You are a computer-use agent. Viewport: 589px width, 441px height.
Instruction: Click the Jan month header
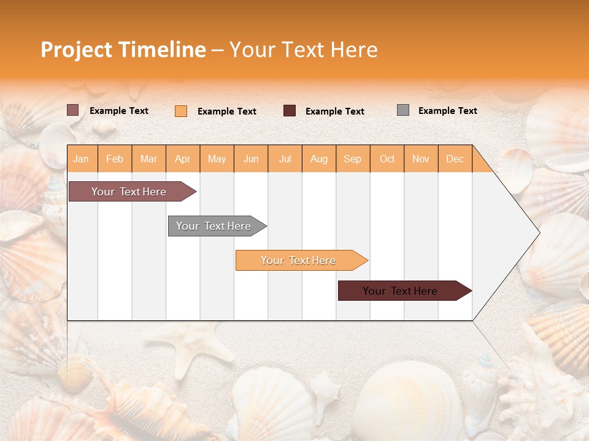pos(81,159)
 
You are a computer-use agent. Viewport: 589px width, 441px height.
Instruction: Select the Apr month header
pos(182,159)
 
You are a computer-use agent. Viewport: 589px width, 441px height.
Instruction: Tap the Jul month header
pos(285,159)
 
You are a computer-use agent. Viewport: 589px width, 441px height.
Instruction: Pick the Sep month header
pos(352,159)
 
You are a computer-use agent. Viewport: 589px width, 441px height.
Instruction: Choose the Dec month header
pos(455,159)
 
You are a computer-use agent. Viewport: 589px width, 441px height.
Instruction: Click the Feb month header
pos(114,159)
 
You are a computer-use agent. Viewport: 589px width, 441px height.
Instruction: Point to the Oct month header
pos(387,159)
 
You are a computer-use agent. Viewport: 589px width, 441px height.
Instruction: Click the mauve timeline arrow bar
pos(129,192)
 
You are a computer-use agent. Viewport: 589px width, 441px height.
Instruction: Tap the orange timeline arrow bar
pos(298,260)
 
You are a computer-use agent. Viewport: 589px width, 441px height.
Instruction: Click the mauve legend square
pos(72,110)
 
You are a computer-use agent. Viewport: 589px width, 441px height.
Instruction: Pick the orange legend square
pos(180,111)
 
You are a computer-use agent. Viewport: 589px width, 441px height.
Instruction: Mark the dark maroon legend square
pos(289,111)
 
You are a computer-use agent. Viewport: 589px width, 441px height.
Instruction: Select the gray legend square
pos(402,110)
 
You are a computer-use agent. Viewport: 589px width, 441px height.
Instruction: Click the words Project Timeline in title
pos(123,50)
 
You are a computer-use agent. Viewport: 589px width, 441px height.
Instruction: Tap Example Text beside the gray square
pos(447,111)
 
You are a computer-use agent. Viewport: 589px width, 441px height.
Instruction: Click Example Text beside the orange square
pos(226,111)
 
